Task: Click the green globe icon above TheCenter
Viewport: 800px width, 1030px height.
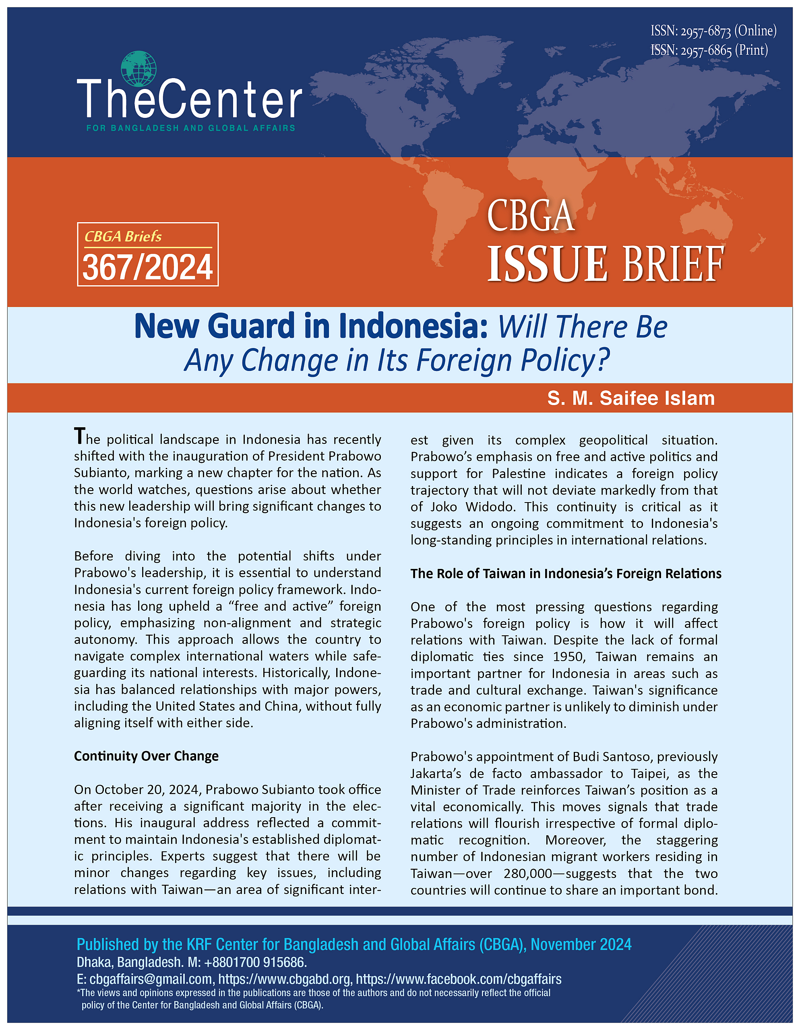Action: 138,69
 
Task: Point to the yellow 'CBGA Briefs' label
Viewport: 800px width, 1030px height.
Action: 123,236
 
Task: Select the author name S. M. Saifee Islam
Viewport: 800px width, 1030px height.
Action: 630,398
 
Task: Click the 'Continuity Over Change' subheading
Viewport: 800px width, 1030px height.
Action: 146,756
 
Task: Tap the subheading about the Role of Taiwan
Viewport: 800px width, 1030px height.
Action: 565,573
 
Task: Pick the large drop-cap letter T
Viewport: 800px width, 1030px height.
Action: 80,436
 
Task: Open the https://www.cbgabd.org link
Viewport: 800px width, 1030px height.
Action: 285,979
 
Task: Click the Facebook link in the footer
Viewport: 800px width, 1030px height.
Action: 458,979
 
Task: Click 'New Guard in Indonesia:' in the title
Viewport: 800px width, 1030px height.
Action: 310,326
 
